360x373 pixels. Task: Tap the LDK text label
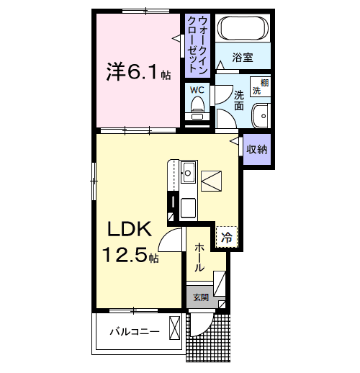(x=129, y=230)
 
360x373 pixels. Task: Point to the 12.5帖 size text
(x=130, y=254)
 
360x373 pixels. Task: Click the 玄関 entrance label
(x=199, y=297)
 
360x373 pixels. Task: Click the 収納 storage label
(x=257, y=150)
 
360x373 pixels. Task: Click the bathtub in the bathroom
(x=243, y=30)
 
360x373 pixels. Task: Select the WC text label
(x=197, y=90)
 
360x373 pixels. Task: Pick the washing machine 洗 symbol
(x=264, y=87)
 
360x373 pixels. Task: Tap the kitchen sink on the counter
(x=188, y=173)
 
